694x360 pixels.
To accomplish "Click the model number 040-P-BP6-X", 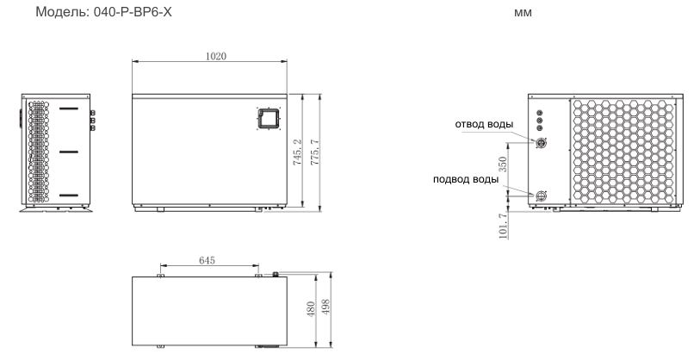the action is [x=133, y=12].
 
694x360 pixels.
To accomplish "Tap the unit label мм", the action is [x=523, y=13].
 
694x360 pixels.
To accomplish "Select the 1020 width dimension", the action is [x=216, y=56].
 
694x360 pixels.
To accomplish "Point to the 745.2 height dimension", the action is [x=297, y=152].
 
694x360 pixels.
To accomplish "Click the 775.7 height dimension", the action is [x=314, y=152].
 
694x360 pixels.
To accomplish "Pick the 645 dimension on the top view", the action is [x=207, y=260].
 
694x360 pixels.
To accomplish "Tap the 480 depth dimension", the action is [x=311, y=309].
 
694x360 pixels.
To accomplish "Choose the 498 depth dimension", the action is [x=325, y=307].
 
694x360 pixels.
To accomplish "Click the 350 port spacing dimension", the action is [x=502, y=164].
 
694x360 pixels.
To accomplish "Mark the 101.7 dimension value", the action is [x=503, y=227].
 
